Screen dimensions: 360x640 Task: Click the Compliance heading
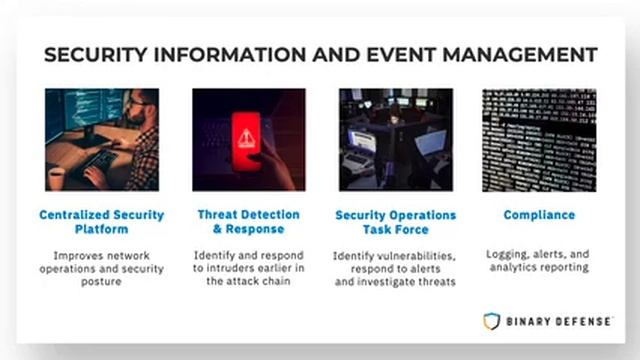coord(539,215)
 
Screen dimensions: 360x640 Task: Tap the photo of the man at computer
coord(101,139)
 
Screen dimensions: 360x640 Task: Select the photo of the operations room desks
coord(395,139)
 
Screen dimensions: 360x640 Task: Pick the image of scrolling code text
coord(539,139)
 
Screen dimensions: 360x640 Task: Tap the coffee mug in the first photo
coord(57,177)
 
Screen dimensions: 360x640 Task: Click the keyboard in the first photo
coord(99,160)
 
